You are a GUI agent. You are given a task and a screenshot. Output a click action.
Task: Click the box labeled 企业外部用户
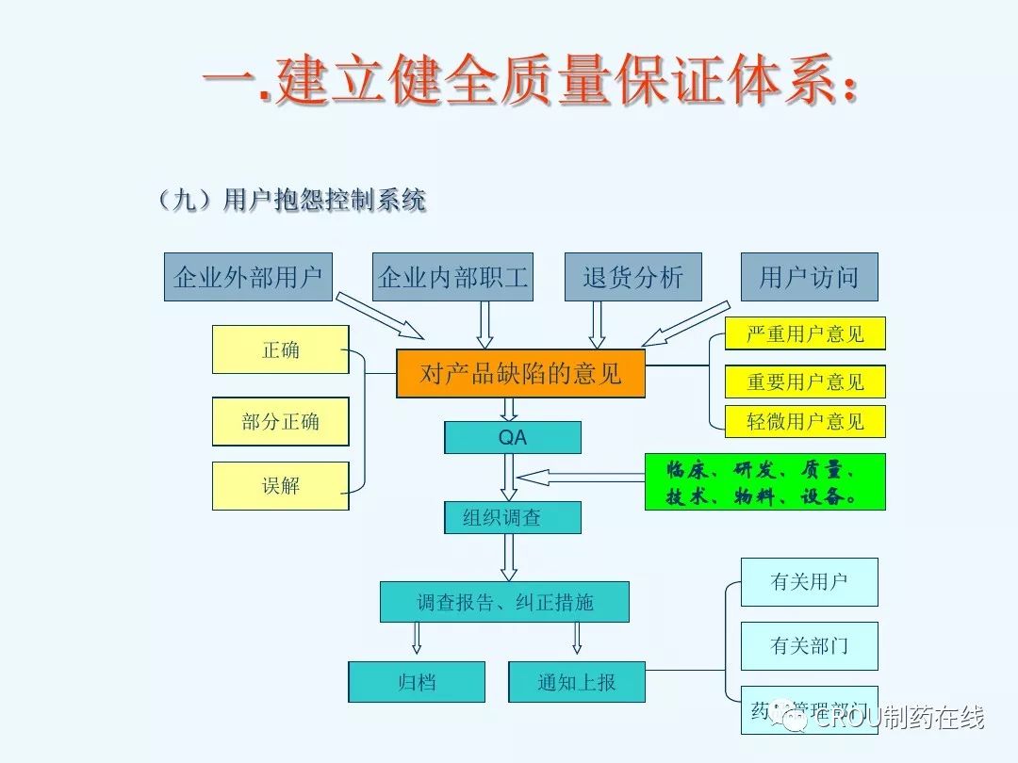248,277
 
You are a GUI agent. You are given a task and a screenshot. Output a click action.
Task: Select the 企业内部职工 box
452,277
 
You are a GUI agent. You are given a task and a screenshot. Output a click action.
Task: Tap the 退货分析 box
632,277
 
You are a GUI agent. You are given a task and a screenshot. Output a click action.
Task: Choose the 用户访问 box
809,277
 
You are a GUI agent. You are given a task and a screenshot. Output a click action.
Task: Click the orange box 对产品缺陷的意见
521,374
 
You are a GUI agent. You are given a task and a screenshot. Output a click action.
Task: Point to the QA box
513,438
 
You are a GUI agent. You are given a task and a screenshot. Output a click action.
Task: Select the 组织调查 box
513,517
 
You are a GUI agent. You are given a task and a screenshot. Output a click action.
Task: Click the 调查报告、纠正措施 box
504,602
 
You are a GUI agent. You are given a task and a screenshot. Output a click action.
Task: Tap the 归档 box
417,682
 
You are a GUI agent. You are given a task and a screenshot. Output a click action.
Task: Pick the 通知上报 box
577,682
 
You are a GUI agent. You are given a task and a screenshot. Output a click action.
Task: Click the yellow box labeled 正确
281,349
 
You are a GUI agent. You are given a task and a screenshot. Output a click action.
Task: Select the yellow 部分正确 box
281,421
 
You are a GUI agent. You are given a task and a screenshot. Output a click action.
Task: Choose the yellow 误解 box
281,486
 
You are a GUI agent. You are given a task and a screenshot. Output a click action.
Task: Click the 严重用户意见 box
805,333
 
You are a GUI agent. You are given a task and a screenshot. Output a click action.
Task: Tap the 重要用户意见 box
805,381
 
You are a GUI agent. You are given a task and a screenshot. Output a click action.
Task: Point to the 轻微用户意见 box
805,421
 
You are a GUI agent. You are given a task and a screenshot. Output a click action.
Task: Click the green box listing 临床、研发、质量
764,481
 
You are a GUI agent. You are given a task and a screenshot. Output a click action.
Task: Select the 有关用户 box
809,582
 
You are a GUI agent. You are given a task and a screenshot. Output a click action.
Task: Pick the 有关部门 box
809,646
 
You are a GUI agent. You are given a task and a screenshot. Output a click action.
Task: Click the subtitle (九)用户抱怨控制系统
292,200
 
